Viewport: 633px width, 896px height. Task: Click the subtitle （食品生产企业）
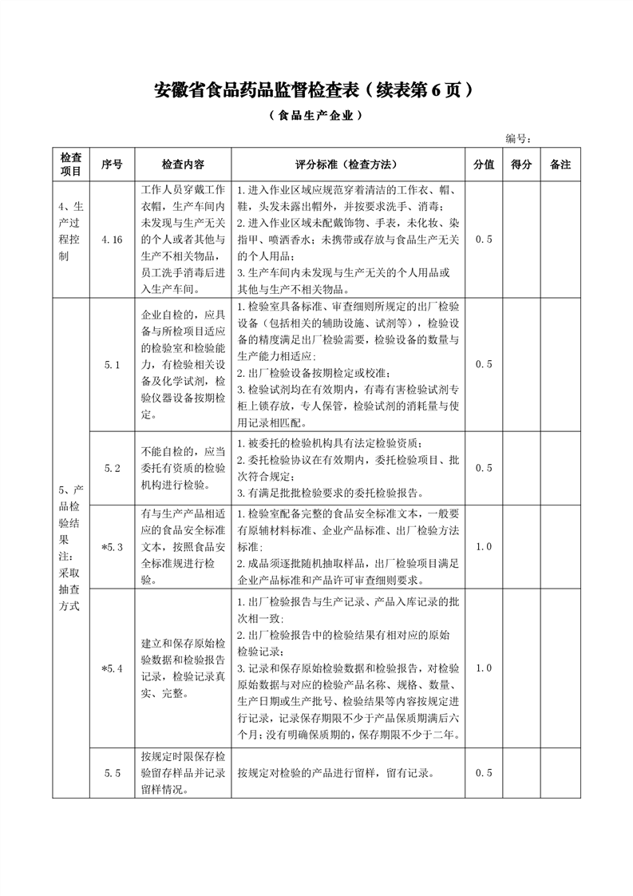316,115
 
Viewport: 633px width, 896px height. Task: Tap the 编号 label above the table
519,138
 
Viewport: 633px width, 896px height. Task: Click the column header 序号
112,164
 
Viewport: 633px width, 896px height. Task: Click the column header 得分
521,164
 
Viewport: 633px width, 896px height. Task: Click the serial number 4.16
112,239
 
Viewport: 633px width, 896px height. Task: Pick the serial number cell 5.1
112,364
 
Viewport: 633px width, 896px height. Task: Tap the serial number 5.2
112,468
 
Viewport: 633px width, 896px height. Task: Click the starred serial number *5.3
112,547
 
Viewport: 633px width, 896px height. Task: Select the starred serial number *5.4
112,668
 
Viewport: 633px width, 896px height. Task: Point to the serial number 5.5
112,772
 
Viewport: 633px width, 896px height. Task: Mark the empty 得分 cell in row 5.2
521,468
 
